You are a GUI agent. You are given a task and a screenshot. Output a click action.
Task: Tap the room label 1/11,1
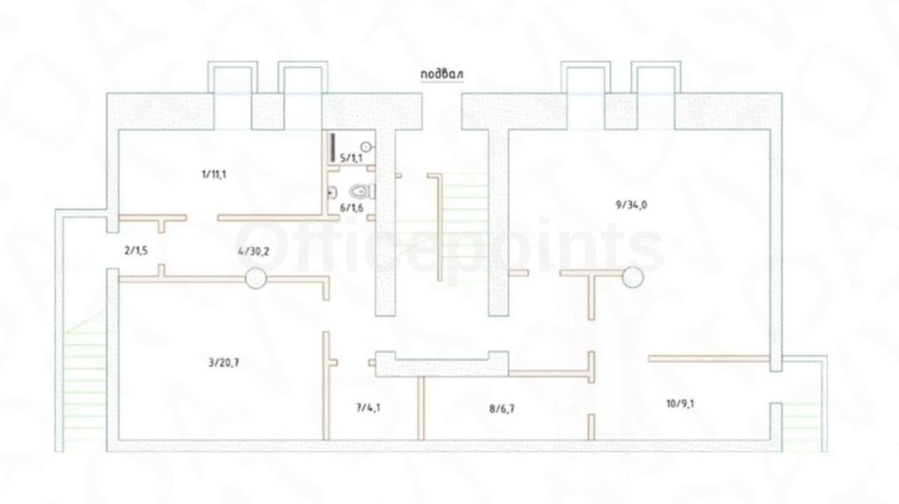point(213,173)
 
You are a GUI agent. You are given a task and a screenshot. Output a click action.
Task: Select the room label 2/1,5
point(136,250)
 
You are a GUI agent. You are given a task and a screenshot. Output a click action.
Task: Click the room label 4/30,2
point(253,250)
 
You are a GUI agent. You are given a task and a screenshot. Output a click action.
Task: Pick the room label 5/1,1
point(350,157)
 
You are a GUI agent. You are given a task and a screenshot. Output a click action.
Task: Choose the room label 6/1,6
point(350,207)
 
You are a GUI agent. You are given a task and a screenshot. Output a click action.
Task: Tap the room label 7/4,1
point(368,407)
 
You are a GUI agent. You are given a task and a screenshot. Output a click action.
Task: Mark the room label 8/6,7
point(504,407)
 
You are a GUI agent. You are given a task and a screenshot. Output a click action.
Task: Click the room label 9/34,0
point(633,205)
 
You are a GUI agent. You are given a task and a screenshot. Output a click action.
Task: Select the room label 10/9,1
point(682,404)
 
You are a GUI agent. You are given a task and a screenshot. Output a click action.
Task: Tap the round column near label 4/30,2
point(255,278)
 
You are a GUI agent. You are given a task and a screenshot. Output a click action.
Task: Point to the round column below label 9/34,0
point(632,277)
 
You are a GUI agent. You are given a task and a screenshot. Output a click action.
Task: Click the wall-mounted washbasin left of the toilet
point(332,191)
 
